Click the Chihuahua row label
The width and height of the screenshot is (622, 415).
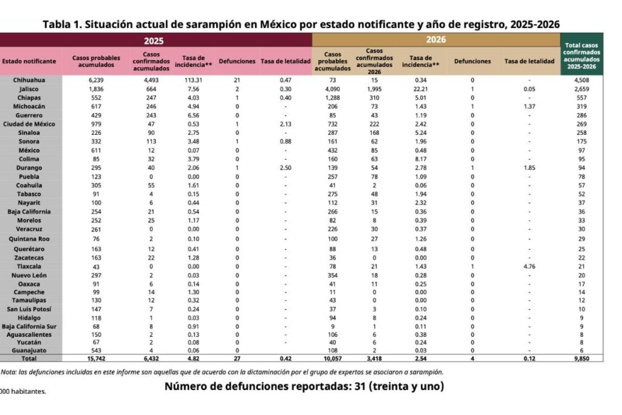(30, 80)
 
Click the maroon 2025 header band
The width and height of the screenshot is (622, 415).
(156, 40)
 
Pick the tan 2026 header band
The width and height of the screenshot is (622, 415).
(436, 39)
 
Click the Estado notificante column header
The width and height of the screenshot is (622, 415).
(29, 61)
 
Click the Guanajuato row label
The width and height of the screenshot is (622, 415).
(30, 351)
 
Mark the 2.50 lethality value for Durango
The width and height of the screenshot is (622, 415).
(284, 168)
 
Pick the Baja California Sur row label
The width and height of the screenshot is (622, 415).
(30, 326)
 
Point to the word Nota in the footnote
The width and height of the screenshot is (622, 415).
(9, 372)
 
